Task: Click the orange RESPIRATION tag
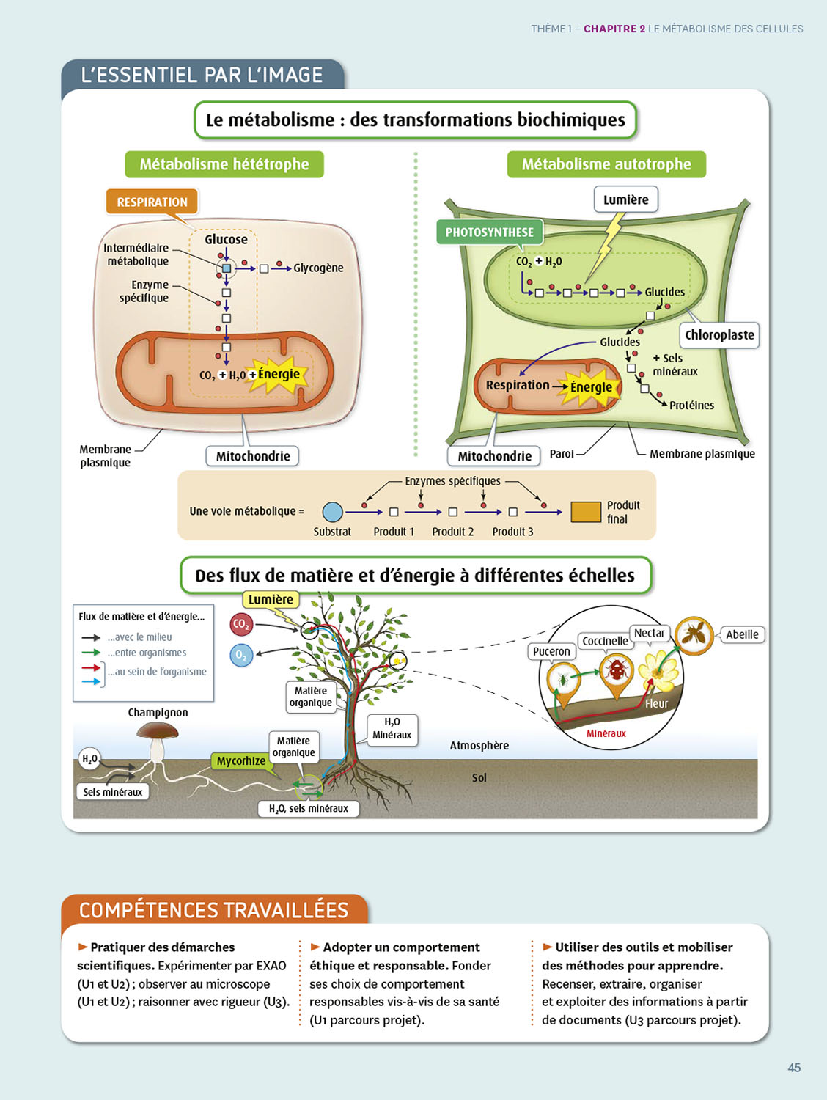(x=152, y=202)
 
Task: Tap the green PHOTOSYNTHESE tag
(x=489, y=232)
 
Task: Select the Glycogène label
(x=318, y=268)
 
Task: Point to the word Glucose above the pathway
(x=226, y=240)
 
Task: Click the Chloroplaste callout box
(x=719, y=335)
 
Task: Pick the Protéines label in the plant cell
(x=691, y=406)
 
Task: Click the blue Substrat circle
(x=333, y=512)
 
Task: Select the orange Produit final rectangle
(x=586, y=512)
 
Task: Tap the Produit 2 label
(x=452, y=532)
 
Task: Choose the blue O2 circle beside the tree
(x=241, y=655)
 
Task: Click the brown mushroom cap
(x=158, y=730)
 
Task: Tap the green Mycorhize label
(x=241, y=761)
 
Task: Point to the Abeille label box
(x=742, y=634)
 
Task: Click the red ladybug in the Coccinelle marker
(x=617, y=670)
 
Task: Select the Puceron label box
(x=551, y=651)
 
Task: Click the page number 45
(x=794, y=1068)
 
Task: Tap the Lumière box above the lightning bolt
(x=625, y=199)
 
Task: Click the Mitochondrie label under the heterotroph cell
(x=253, y=456)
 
